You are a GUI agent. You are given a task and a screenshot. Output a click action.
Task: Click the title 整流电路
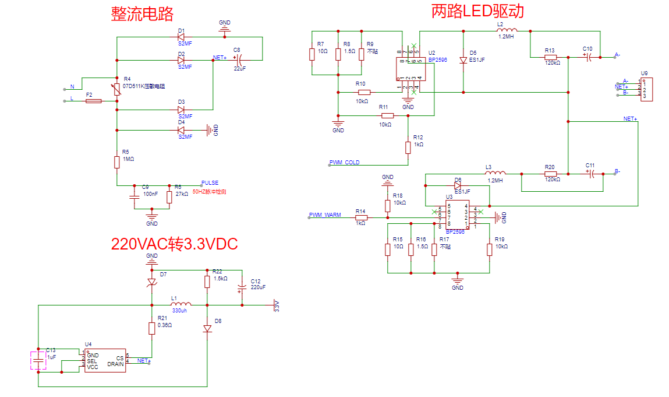click(x=142, y=14)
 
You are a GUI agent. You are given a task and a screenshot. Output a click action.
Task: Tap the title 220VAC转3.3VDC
click(x=175, y=243)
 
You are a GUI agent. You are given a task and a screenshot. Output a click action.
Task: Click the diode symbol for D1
click(x=181, y=37)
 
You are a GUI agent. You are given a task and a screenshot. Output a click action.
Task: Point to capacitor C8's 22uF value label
click(x=239, y=68)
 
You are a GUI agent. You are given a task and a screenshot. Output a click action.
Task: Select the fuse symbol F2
click(x=93, y=101)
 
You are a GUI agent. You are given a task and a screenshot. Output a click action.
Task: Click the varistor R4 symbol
click(x=117, y=89)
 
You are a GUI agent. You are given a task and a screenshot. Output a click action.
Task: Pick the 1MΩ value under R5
click(x=128, y=159)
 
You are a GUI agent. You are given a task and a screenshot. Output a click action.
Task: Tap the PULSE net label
click(x=210, y=183)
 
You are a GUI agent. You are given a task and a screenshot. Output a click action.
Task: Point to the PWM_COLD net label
click(x=344, y=163)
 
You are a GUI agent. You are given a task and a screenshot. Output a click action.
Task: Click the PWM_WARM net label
click(x=325, y=215)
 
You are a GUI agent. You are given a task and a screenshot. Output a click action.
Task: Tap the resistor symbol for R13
click(x=551, y=57)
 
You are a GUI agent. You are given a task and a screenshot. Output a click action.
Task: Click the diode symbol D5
click(x=463, y=60)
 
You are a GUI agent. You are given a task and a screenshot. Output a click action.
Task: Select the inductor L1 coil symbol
click(x=180, y=304)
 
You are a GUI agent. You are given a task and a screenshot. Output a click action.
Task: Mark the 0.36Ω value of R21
click(x=165, y=325)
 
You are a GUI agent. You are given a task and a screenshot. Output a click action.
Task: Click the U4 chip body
click(x=105, y=361)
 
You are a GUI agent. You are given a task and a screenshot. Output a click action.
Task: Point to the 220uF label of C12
click(x=258, y=287)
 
